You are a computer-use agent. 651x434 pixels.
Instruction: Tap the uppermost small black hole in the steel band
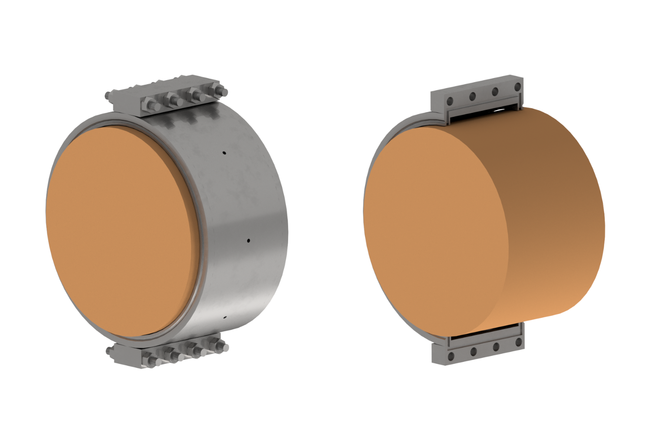[224, 153]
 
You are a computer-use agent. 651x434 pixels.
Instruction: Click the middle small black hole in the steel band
[248, 240]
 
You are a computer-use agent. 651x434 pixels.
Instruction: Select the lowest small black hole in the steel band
[225, 317]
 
